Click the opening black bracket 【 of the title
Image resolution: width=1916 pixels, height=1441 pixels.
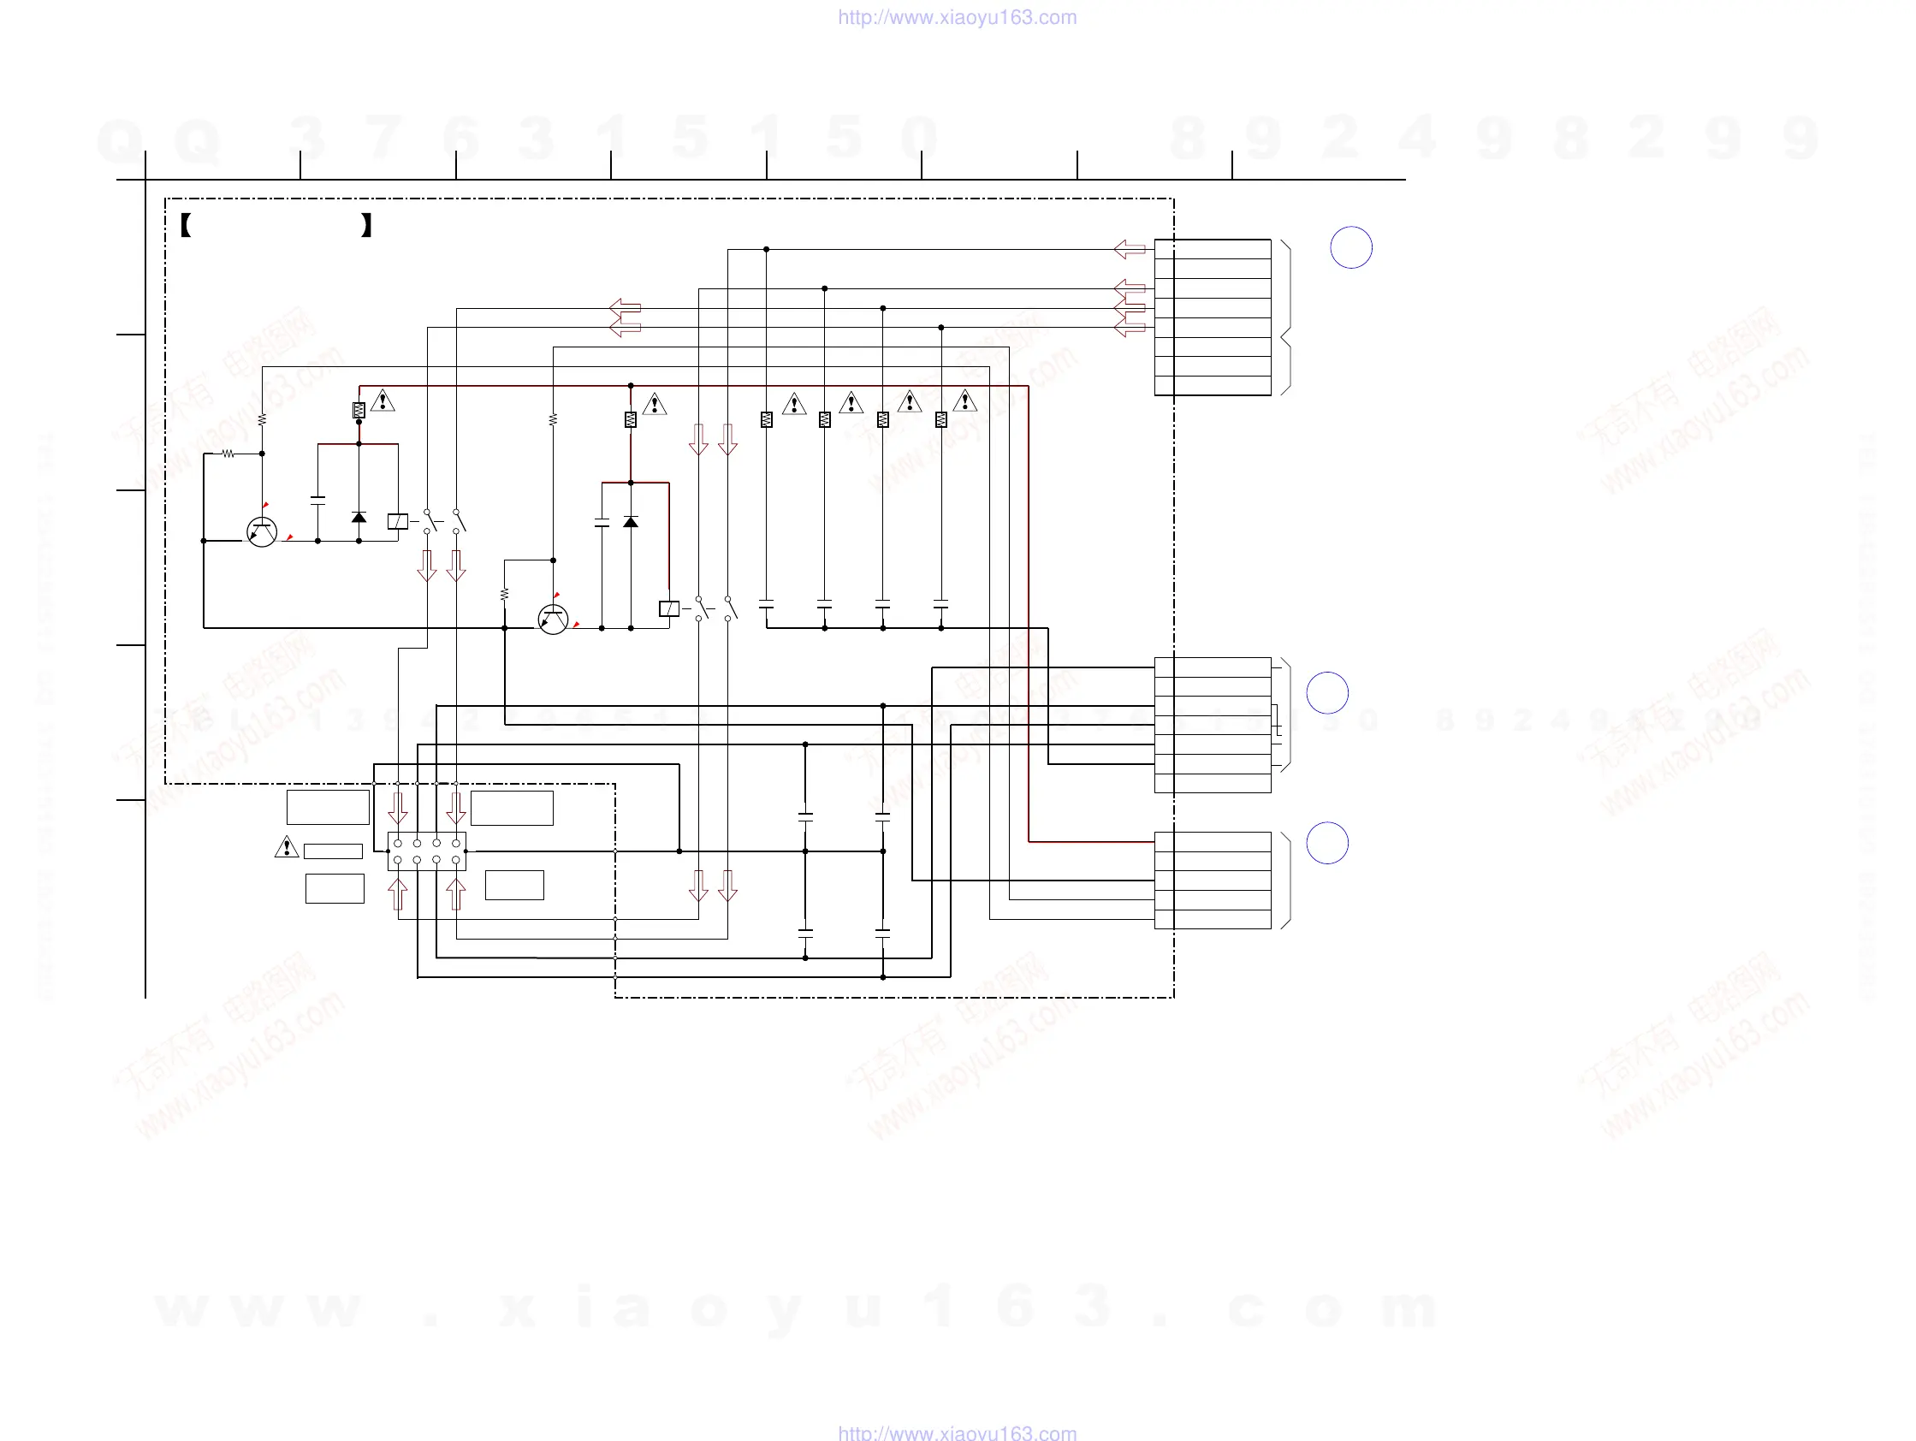pyautogui.click(x=186, y=225)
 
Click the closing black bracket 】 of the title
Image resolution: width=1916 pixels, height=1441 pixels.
pyautogui.click(x=366, y=225)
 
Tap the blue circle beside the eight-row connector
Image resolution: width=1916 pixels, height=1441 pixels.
pyautogui.click(x=1350, y=247)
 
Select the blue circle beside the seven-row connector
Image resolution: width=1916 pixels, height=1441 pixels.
pyautogui.click(x=1326, y=693)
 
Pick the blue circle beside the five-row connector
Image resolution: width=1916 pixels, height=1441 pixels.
pyautogui.click(x=1326, y=843)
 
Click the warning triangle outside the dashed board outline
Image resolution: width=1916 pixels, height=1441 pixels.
pyautogui.click(x=286, y=847)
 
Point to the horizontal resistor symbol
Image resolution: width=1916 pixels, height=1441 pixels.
pyautogui.click(x=228, y=453)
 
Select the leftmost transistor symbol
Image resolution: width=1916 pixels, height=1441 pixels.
pyautogui.click(x=262, y=531)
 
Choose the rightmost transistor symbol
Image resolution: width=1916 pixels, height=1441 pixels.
pyautogui.click(x=553, y=620)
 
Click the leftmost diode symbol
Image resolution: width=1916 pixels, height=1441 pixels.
pyautogui.click(x=359, y=517)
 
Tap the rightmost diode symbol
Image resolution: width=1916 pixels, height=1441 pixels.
pyautogui.click(x=631, y=521)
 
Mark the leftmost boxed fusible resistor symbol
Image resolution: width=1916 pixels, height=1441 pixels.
pyautogui.click(x=359, y=411)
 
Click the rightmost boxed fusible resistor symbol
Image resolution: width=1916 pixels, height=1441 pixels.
pyautogui.click(x=940, y=419)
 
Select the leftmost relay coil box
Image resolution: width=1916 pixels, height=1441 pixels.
pyautogui.click(x=398, y=521)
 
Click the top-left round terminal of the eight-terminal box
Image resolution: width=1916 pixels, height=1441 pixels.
pyautogui.click(x=398, y=843)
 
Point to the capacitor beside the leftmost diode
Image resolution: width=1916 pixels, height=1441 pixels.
pyautogui.click(x=317, y=500)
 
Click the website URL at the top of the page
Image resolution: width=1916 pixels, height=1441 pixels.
pyautogui.click(x=957, y=17)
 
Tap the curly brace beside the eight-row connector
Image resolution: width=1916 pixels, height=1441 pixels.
pyautogui.click(x=1286, y=317)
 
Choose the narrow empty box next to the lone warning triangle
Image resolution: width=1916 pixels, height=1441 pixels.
pyautogui.click(x=333, y=851)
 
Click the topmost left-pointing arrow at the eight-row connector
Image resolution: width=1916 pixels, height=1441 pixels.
pyautogui.click(x=1130, y=249)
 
